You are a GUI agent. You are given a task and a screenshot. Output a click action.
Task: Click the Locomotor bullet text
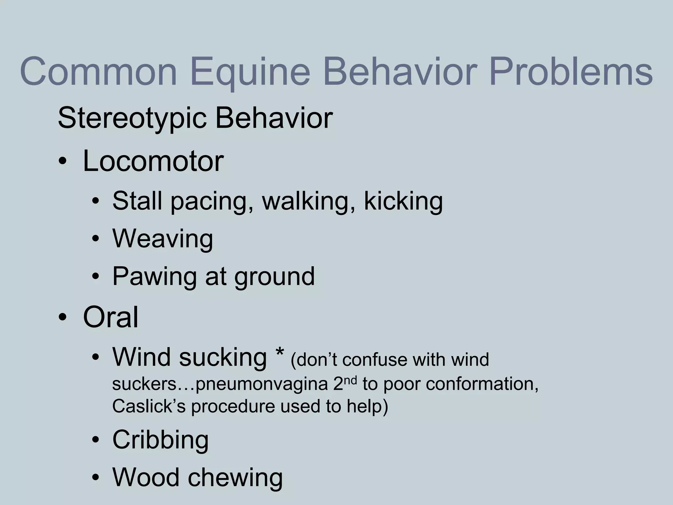pyautogui.click(x=153, y=161)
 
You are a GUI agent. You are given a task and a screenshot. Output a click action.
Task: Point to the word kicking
pyautogui.click(x=403, y=201)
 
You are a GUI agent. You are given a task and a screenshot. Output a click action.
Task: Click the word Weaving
pyautogui.click(x=163, y=239)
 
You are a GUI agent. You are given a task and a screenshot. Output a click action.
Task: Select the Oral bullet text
pyautogui.click(x=110, y=317)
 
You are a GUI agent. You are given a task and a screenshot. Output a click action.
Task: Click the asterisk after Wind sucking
pyautogui.click(x=280, y=354)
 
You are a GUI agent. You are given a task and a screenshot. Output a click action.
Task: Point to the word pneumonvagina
pyautogui.click(x=262, y=384)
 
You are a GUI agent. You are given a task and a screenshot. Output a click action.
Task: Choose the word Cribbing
pyautogui.click(x=160, y=440)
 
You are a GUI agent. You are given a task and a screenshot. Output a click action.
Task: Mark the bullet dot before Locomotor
pyautogui.click(x=62, y=162)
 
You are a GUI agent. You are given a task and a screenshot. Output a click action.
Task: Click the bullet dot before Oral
pyautogui.click(x=62, y=318)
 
